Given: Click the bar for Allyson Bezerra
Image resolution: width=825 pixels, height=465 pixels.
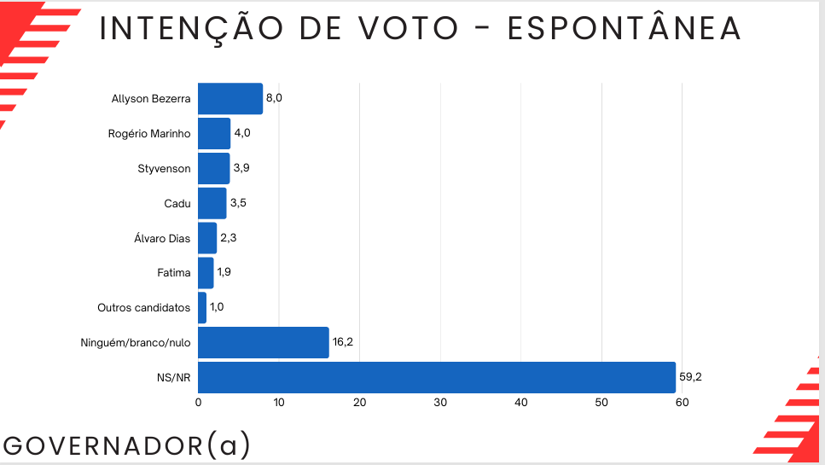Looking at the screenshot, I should pyautogui.click(x=230, y=99).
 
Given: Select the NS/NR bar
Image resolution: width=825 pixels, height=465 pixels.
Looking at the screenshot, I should pyautogui.click(x=436, y=377).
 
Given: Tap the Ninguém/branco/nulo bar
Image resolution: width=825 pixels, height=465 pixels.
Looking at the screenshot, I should pyautogui.click(x=263, y=343).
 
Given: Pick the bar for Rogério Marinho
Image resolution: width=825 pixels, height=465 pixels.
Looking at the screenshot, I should pyautogui.click(x=214, y=134).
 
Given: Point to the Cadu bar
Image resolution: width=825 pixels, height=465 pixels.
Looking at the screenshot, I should pyautogui.click(x=212, y=203).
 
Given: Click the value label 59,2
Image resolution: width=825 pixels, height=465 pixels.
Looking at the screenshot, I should pyautogui.click(x=690, y=377).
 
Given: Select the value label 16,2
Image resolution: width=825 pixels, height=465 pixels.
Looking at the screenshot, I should pyautogui.click(x=343, y=342).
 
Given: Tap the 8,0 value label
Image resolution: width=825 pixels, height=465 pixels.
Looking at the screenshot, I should pyautogui.click(x=274, y=98).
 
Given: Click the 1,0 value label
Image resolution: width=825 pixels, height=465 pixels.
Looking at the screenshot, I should pyautogui.click(x=217, y=307).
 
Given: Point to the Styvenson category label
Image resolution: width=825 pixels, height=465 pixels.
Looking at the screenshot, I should pyautogui.click(x=164, y=169).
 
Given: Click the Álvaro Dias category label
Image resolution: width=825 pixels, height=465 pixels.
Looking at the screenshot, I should pyautogui.click(x=156, y=238).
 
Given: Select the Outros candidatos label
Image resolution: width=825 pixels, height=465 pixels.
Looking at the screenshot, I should pyautogui.click(x=143, y=308).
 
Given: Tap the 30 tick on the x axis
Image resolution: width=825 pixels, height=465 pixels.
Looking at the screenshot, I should pyautogui.click(x=440, y=402).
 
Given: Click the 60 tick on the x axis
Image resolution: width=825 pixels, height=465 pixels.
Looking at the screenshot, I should pyautogui.click(x=682, y=402).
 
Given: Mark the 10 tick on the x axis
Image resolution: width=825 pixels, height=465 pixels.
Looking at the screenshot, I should pyautogui.click(x=279, y=402).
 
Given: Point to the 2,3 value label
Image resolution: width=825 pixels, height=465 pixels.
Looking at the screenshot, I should pyautogui.click(x=227, y=238).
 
